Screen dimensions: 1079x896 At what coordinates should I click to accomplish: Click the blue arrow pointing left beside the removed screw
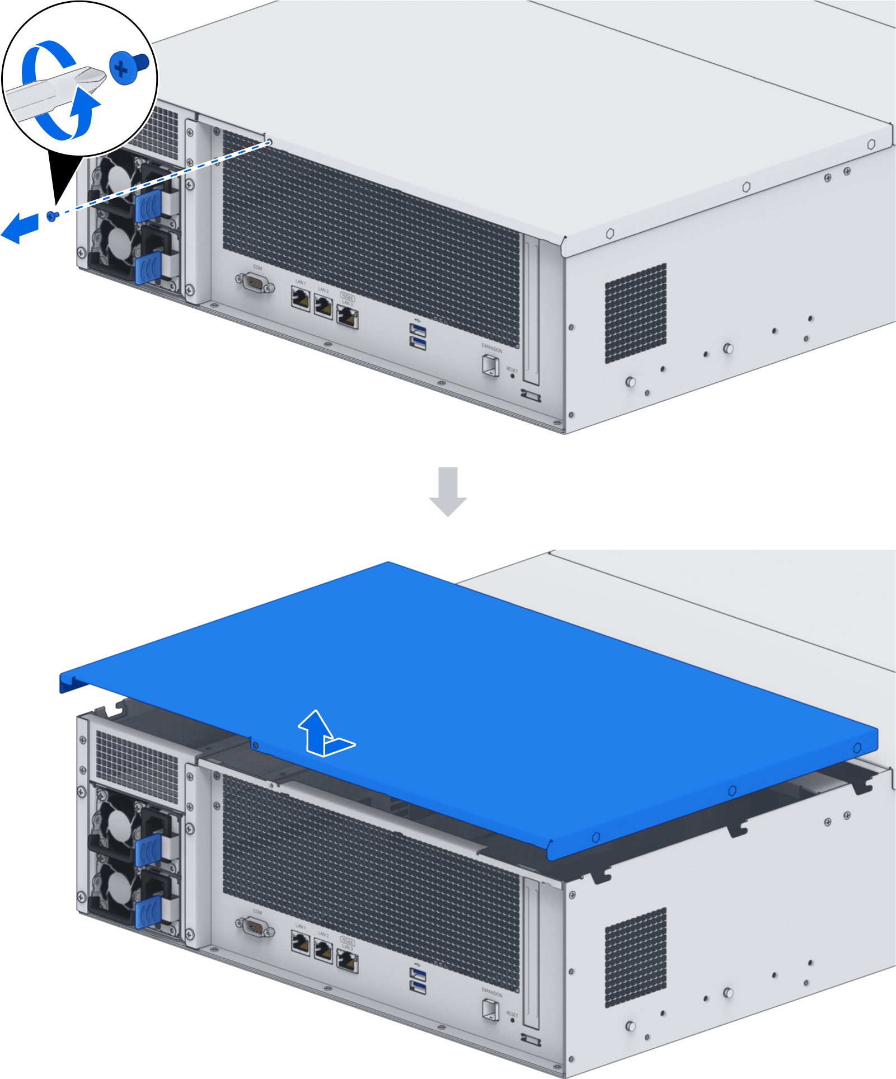20,227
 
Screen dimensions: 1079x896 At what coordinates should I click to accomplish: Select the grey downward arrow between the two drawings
448,491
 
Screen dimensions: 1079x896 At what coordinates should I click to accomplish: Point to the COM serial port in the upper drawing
255,284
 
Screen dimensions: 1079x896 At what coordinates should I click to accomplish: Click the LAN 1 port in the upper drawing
301,298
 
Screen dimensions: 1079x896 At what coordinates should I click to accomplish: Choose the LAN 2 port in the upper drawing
323,306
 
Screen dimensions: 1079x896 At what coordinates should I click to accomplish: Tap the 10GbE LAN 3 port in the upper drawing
348,317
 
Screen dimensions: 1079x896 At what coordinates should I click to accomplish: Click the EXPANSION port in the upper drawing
490,365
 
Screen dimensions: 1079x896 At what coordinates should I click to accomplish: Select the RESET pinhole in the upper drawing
512,376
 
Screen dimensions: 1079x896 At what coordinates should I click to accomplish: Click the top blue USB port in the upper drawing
417,330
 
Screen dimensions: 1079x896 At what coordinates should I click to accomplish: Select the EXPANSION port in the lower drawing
490,1009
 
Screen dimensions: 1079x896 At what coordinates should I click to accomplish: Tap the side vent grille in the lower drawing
636,957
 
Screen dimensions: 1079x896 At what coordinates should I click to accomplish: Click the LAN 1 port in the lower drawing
301,943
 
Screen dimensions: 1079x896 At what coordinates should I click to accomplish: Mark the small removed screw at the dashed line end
52,215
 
